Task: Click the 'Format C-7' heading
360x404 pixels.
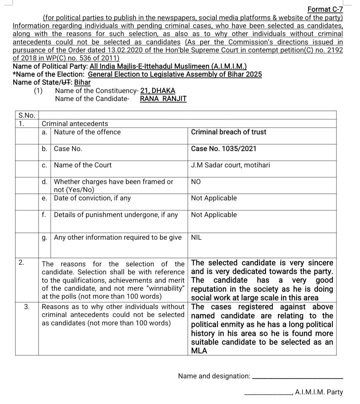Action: coord(325,9)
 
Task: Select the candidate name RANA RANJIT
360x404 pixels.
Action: coord(163,99)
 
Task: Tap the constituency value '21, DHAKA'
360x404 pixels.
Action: coord(158,91)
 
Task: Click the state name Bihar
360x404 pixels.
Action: coord(82,82)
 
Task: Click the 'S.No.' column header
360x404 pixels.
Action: coord(27,115)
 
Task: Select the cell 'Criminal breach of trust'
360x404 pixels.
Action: coord(228,132)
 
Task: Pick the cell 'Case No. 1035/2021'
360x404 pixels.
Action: coord(224,149)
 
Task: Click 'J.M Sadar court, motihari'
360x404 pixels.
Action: coord(230,165)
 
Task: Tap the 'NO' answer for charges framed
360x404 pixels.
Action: coord(196,182)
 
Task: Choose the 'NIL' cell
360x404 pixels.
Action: coord(196,237)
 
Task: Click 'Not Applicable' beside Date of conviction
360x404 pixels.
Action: coord(214,198)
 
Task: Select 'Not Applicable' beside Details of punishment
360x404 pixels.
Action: coord(214,215)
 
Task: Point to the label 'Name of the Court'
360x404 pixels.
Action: coord(83,165)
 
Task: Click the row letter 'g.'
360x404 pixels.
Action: coord(44,237)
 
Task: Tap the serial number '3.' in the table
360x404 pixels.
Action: coord(27,307)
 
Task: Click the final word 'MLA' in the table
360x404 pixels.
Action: coord(199,351)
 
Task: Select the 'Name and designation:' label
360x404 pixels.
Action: coord(214,376)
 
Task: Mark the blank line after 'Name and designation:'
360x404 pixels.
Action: coord(298,378)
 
